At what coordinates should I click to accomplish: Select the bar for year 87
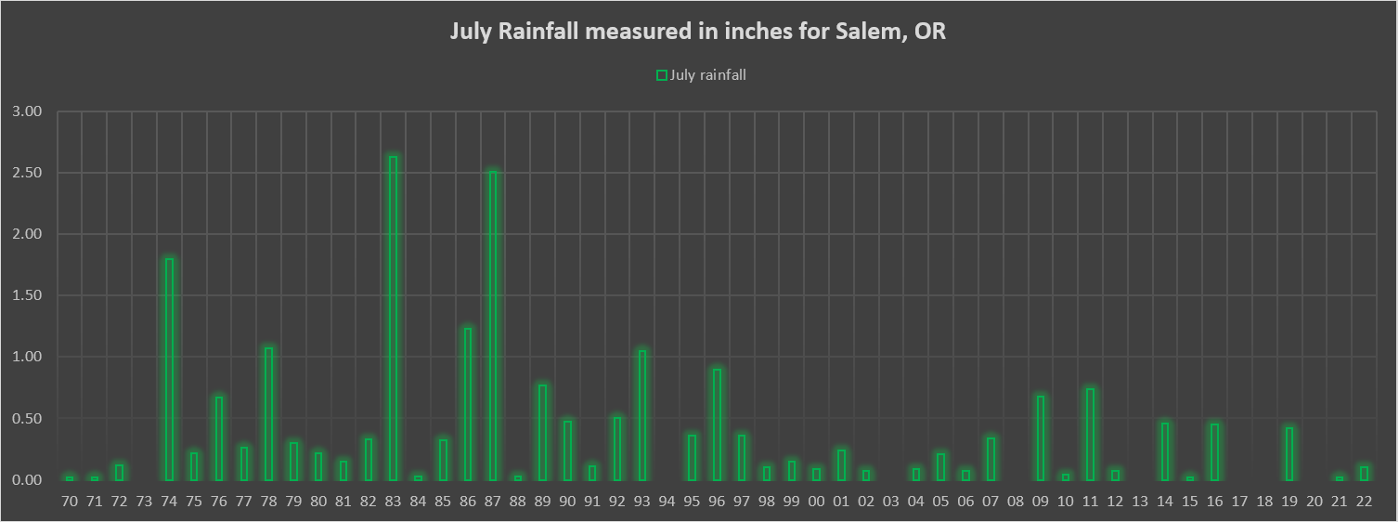tap(493, 325)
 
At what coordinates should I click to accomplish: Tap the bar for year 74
tap(169, 369)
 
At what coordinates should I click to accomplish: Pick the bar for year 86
tap(468, 404)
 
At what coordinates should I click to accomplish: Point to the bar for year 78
tap(268, 413)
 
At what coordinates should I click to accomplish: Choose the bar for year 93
tap(641, 415)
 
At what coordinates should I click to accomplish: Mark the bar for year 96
tap(717, 424)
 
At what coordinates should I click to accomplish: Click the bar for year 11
tap(1090, 434)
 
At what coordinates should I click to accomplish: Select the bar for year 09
tap(1041, 437)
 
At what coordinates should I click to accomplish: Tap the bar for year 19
tap(1289, 453)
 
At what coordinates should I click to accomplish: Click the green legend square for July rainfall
tap(662, 76)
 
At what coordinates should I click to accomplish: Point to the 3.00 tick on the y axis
tap(29, 111)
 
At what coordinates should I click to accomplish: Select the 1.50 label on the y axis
tap(29, 295)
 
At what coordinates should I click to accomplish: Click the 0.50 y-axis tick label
tap(29, 418)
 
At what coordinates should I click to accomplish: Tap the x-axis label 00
tap(816, 502)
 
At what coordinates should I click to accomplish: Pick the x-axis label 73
tap(144, 502)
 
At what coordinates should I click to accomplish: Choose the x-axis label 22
tap(1364, 502)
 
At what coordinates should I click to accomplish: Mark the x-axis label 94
tap(667, 502)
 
